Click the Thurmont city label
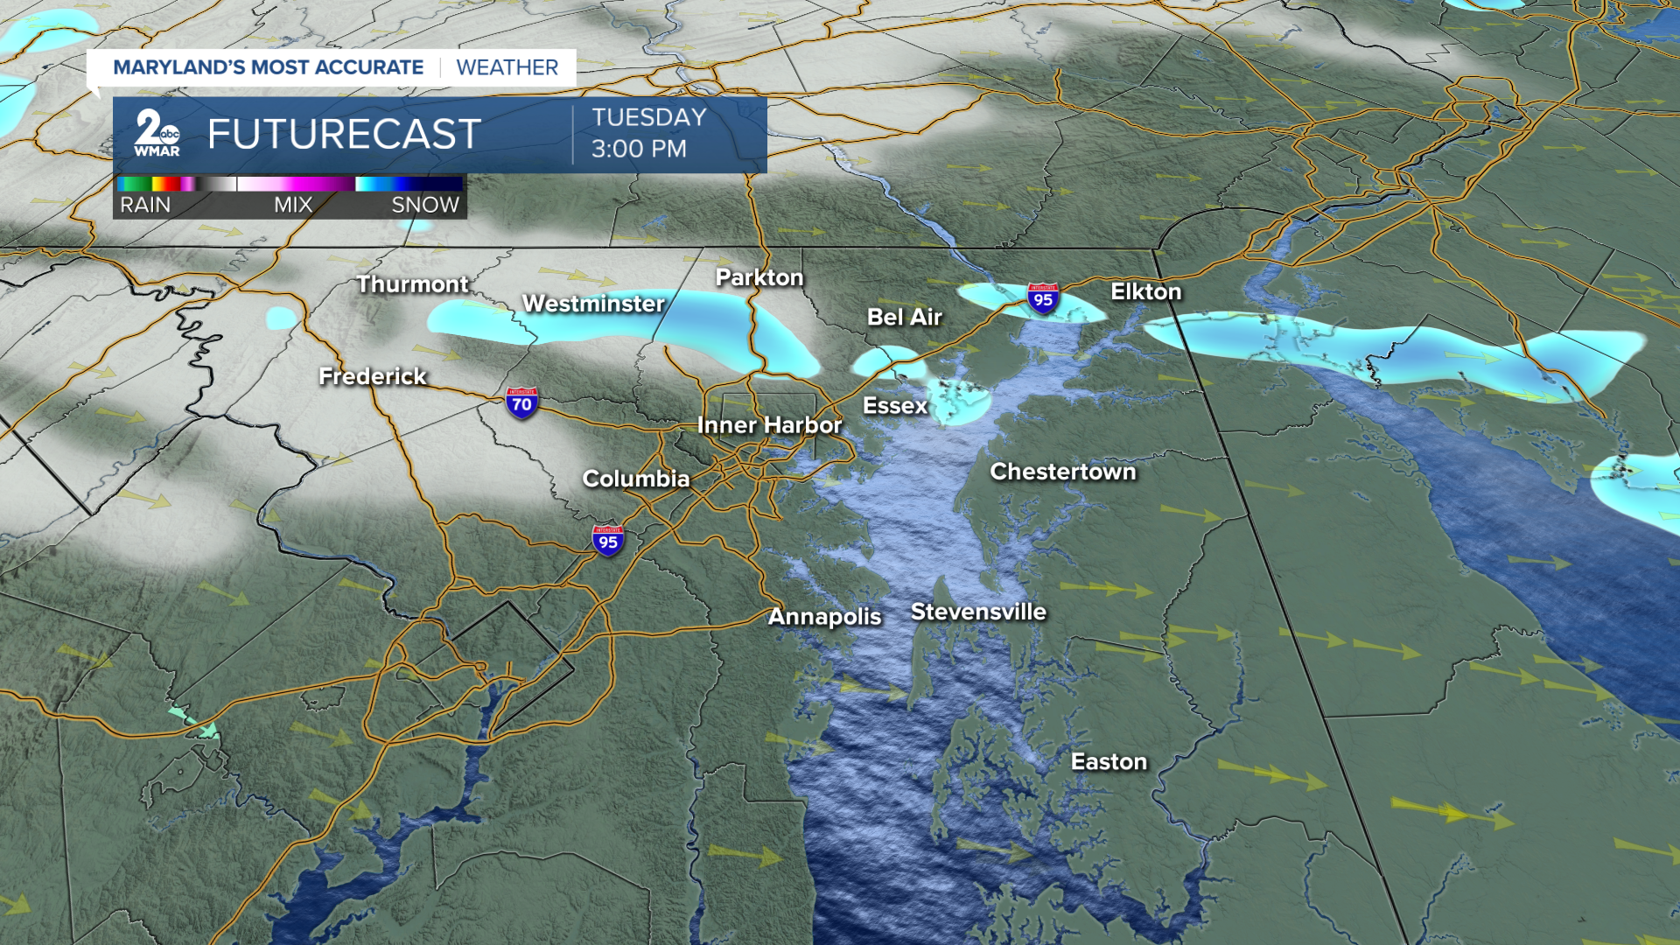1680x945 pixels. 412,284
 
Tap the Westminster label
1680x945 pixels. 593,304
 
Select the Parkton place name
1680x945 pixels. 759,277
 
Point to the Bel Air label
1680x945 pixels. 904,317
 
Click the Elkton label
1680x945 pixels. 1145,291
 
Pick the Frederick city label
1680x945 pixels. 372,376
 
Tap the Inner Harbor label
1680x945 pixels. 769,425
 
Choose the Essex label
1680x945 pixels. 894,405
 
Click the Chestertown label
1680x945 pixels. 1062,472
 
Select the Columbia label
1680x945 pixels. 635,479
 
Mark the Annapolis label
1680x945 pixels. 824,617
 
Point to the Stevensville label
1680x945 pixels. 978,612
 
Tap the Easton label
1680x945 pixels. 1109,762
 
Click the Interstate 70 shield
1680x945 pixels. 521,403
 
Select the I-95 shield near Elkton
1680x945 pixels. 1043,299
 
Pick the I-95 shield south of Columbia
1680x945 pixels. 608,541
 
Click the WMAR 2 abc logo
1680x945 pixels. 157,134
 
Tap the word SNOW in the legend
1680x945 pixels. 424,205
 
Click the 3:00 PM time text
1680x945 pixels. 639,149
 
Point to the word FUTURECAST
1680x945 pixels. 344,134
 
